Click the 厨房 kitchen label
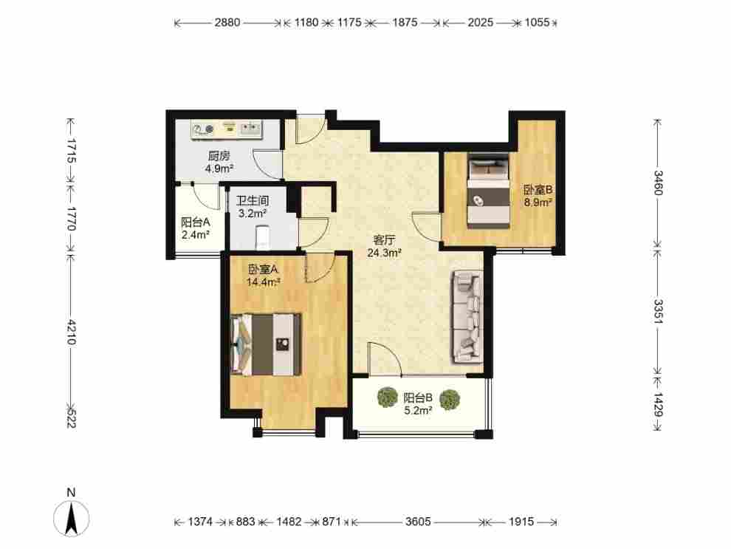[219, 156]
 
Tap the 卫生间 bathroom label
[253, 201]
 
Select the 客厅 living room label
[384, 241]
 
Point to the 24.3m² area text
[384, 253]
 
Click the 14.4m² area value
[263, 282]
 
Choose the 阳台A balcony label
[196, 222]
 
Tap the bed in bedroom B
[488, 191]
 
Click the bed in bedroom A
[266, 345]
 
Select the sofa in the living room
[466, 317]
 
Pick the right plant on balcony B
[450, 400]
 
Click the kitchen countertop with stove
[227, 129]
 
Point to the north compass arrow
[71, 518]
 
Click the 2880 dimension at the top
[227, 22]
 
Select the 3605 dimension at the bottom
[418, 521]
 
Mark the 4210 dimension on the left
[71, 332]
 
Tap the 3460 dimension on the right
[658, 183]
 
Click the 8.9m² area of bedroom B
[538, 202]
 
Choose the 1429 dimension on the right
[658, 404]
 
